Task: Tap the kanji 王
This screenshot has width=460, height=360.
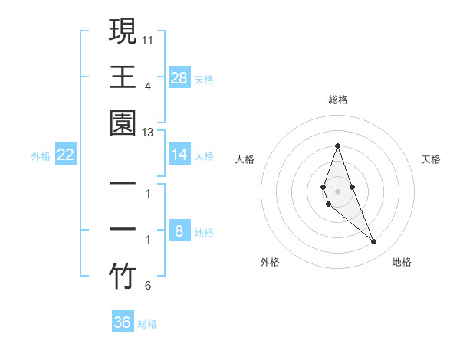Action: coord(123,77)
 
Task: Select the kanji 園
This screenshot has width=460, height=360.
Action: coord(123,123)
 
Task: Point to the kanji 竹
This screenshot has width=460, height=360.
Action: coord(123,277)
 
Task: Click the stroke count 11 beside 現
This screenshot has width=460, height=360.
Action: coord(148,39)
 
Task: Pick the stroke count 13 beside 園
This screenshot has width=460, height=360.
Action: coord(148,133)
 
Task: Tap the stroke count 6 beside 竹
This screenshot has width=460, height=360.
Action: coord(148,286)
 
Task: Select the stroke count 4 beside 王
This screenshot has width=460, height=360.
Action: coord(148,86)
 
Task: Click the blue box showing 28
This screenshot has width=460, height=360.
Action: coord(179,77)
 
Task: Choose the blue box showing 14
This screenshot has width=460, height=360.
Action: coord(179,155)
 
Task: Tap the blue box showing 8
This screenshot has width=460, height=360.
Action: coord(179,231)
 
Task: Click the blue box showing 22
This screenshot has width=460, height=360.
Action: coord(66,155)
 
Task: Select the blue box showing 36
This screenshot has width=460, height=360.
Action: coord(123,322)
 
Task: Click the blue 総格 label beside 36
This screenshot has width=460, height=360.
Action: coord(148,324)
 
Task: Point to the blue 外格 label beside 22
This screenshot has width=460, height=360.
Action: coord(41,156)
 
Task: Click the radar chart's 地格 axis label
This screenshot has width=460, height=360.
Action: coord(402,262)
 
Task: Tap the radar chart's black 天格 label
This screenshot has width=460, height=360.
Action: coord(432,159)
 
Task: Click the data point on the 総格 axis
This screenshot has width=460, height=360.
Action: coord(337,146)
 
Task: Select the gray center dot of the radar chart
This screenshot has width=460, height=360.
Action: coord(337,191)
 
